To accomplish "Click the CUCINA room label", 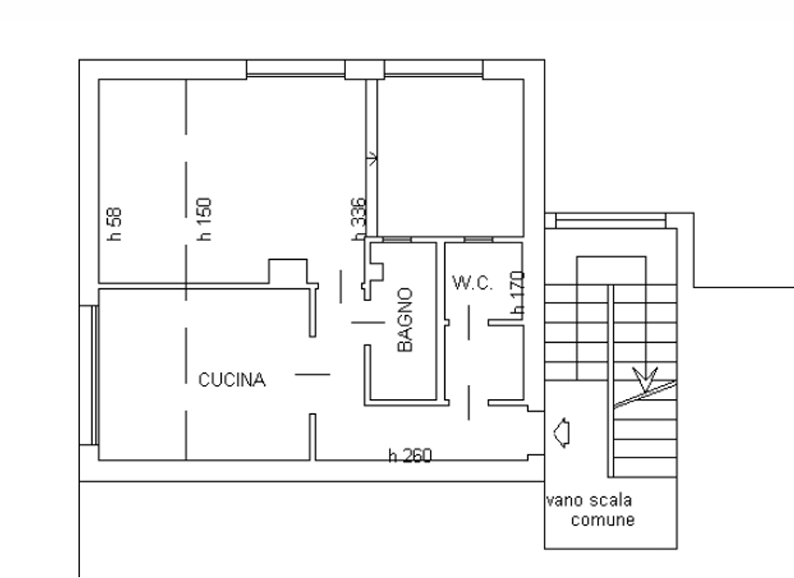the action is pyautogui.click(x=231, y=380).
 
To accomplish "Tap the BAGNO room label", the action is pyautogui.click(x=405, y=320).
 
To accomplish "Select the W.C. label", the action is pyautogui.click(x=472, y=283).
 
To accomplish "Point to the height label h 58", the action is pyautogui.click(x=115, y=224).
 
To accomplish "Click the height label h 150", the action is pyautogui.click(x=204, y=219).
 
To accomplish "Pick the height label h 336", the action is pyautogui.click(x=358, y=219).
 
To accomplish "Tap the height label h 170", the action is pyautogui.click(x=518, y=293).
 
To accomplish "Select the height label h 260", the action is pyautogui.click(x=410, y=456).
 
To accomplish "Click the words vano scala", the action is pyautogui.click(x=589, y=501).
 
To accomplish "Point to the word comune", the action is pyautogui.click(x=602, y=520).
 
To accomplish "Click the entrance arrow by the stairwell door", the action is pyautogui.click(x=562, y=433).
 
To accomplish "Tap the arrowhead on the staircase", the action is pyautogui.click(x=645, y=380).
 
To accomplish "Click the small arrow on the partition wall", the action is pyautogui.click(x=373, y=159).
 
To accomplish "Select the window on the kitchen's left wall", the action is pyautogui.click(x=94, y=375).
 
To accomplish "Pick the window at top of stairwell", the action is pyautogui.click(x=610, y=221).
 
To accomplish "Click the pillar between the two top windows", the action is pyautogui.click(x=365, y=70).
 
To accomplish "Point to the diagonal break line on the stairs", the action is pyautogui.click(x=646, y=395).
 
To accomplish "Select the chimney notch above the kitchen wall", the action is pyautogui.click(x=288, y=271).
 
